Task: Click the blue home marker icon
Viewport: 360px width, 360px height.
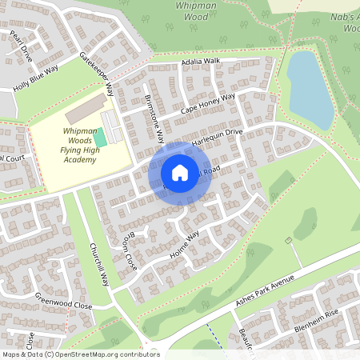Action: point(180,173)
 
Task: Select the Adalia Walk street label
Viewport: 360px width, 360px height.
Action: point(200,61)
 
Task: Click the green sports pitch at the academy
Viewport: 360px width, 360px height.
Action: point(99,137)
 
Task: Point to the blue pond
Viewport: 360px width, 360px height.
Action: point(309,89)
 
